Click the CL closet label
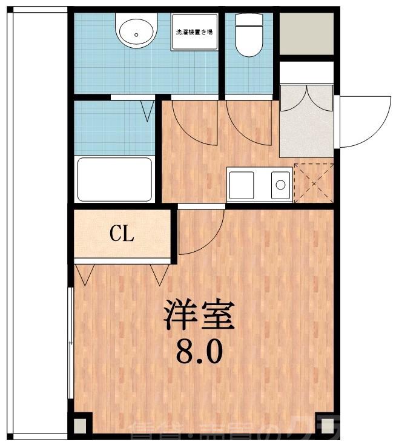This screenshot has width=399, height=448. pyautogui.click(x=122, y=234)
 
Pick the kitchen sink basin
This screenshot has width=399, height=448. pyautogui.click(x=281, y=184)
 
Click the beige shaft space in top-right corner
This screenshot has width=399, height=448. pyautogui.click(x=306, y=33)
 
